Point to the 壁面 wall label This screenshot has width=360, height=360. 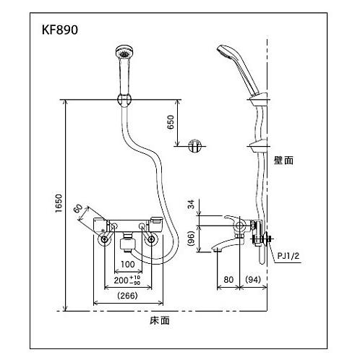pos(284,162)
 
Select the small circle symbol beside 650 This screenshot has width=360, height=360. pos(192,145)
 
